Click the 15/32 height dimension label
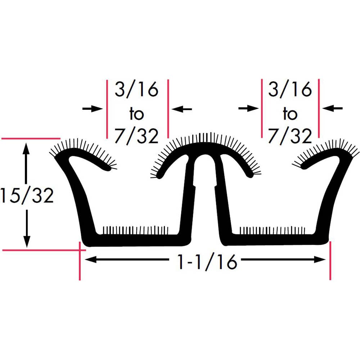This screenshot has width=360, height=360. click(27, 196)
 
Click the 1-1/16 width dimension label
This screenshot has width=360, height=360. click(207, 262)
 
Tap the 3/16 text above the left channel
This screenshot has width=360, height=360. click(136, 89)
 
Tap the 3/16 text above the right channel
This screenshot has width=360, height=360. click(290, 89)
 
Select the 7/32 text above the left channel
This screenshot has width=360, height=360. click(136, 136)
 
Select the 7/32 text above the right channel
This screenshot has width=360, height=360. click(290, 136)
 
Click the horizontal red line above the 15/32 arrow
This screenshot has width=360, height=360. click(31, 138)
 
